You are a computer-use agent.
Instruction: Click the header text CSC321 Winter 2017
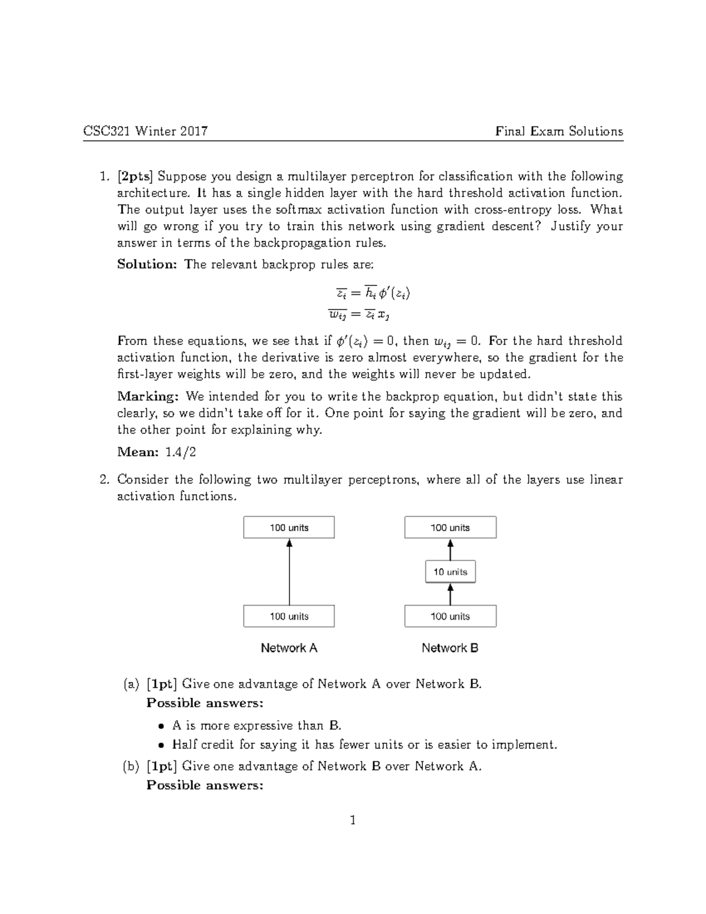145,131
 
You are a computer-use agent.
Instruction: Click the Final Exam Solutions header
559,131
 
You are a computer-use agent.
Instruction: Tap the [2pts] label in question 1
135,177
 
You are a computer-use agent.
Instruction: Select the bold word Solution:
146,264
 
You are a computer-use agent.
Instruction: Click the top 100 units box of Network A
289,527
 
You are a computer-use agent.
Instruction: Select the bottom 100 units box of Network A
289,616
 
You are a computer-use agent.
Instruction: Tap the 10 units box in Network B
450,571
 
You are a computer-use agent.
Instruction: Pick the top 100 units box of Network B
450,527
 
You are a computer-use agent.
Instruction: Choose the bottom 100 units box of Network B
450,616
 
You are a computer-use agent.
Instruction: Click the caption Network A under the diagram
289,648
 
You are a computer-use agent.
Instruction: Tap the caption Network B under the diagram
450,648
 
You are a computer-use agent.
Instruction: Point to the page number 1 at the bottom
352,820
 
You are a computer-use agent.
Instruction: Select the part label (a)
131,684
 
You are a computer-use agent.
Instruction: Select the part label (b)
131,766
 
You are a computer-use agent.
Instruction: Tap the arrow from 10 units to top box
450,550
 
